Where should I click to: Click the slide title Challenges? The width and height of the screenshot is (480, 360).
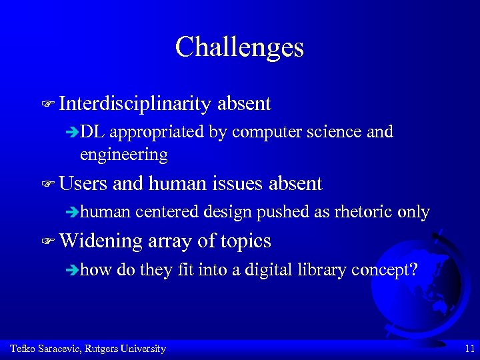point(239,47)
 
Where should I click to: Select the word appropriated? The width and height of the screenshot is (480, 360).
point(157,133)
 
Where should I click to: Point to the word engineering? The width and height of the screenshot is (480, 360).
point(123,155)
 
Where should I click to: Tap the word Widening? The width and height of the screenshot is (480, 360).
point(101,241)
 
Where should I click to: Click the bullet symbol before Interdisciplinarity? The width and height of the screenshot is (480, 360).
point(47,104)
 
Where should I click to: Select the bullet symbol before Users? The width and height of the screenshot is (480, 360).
point(47,184)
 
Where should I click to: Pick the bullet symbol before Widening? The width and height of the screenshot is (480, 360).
point(47,241)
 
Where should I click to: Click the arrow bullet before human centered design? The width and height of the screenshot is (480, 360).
point(73,213)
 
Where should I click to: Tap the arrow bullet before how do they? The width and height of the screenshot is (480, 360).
point(73,270)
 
